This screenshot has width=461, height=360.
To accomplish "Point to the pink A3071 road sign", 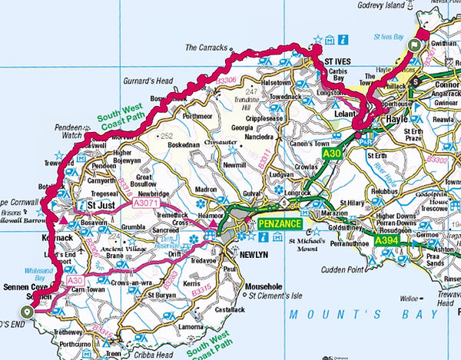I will point(146,205).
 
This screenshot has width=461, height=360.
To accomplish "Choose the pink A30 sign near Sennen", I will point(75,281).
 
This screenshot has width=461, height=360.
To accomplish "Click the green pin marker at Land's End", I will point(28,311).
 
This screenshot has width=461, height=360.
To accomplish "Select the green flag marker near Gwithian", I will point(416,45).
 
